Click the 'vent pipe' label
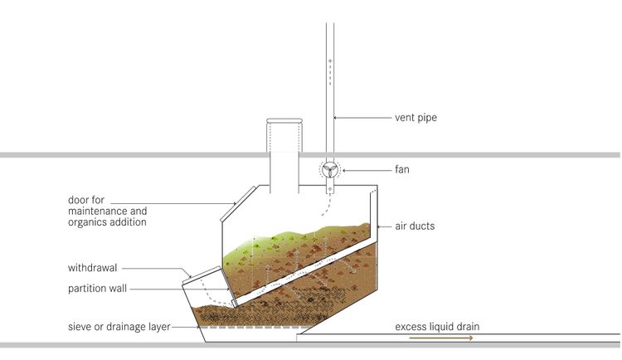click(x=415, y=118)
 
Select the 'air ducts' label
click(x=415, y=226)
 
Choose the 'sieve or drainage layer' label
click(x=119, y=327)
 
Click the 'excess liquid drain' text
click(x=437, y=327)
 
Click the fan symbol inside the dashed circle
click(x=329, y=170)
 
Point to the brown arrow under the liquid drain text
click(x=441, y=338)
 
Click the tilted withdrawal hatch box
click(x=203, y=286)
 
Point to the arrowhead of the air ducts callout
click(x=378, y=226)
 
